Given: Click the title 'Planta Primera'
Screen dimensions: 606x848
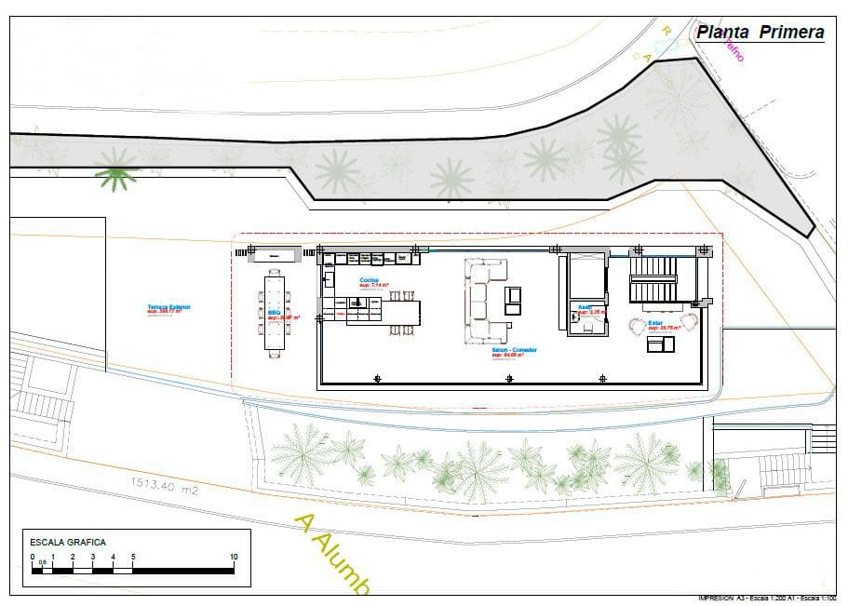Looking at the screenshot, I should pos(760,33).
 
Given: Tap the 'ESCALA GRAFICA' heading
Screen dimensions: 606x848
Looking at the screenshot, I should pos(68,541).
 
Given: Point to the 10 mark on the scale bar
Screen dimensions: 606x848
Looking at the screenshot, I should pos(233,558).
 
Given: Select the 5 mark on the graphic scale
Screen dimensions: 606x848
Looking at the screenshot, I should pos(133,558).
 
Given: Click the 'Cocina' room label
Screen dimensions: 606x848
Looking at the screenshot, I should pos(370,279).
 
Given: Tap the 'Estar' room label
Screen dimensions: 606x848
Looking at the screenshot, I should pos(655,323).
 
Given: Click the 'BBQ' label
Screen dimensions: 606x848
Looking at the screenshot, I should pos(274,314).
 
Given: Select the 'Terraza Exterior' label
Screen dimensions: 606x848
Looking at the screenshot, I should pos(168,306).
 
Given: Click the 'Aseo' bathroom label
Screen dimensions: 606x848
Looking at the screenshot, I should pos(585,305).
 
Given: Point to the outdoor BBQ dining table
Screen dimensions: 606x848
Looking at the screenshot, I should pos(276,312).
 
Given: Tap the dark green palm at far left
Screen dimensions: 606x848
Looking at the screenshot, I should pos(115,174).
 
